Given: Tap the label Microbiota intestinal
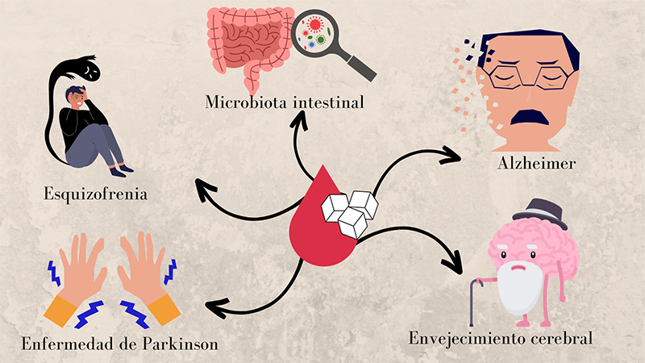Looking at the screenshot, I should (285, 102).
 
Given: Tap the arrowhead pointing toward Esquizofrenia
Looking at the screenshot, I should (202, 190).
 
